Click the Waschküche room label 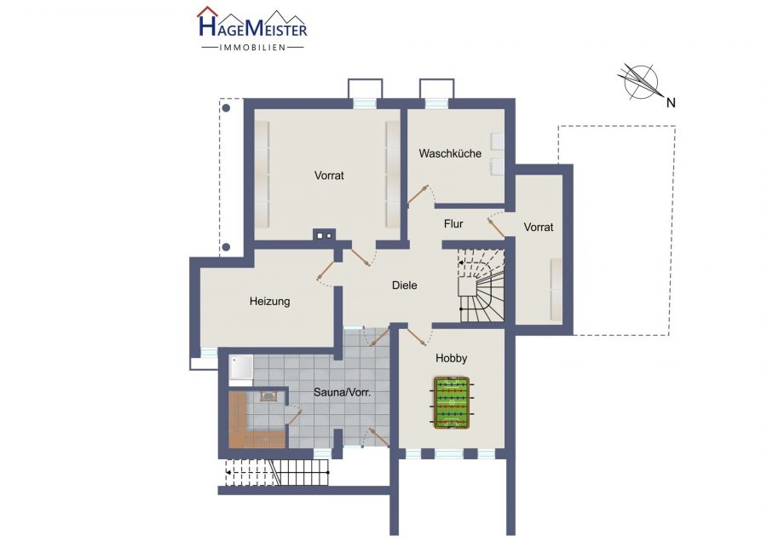pyautogui.click(x=450, y=153)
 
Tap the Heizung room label pyautogui.click(x=269, y=302)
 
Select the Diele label pyautogui.click(x=405, y=285)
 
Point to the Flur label pyautogui.click(x=453, y=224)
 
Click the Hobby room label pyautogui.click(x=451, y=359)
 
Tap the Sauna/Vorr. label pyautogui.click(x=342, y=392)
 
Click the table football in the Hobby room pyautogui.click(x=452, y=402)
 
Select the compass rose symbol pyautogui.click(x=640, y=81)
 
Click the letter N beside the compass pyautogui.click(x=672, y=103)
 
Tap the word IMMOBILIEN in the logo pyautogui.click(x=252, y=48)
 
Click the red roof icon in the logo pyautogui.click(x=207, y=12)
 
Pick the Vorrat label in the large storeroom pyautogui.click(x=329, y=175)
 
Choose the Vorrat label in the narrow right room pyautogui.click(x=539, y=227)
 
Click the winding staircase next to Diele pyautogui.click(x=482, y=285)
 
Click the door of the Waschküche pyautogui.click(x=418, y=193)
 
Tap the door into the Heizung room pyautogui.click(x=326, y=270)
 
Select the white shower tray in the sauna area pyautogui.click(x=241, y=367)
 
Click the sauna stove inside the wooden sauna pyautogui.click(x=268, y=395)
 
